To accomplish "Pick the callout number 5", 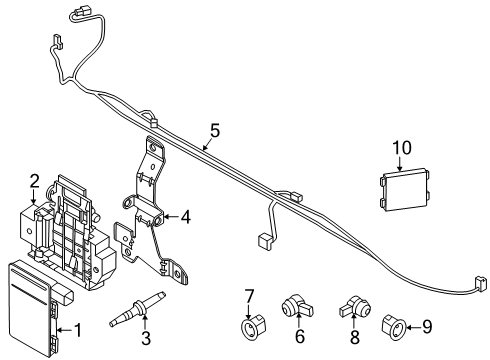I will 213,129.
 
